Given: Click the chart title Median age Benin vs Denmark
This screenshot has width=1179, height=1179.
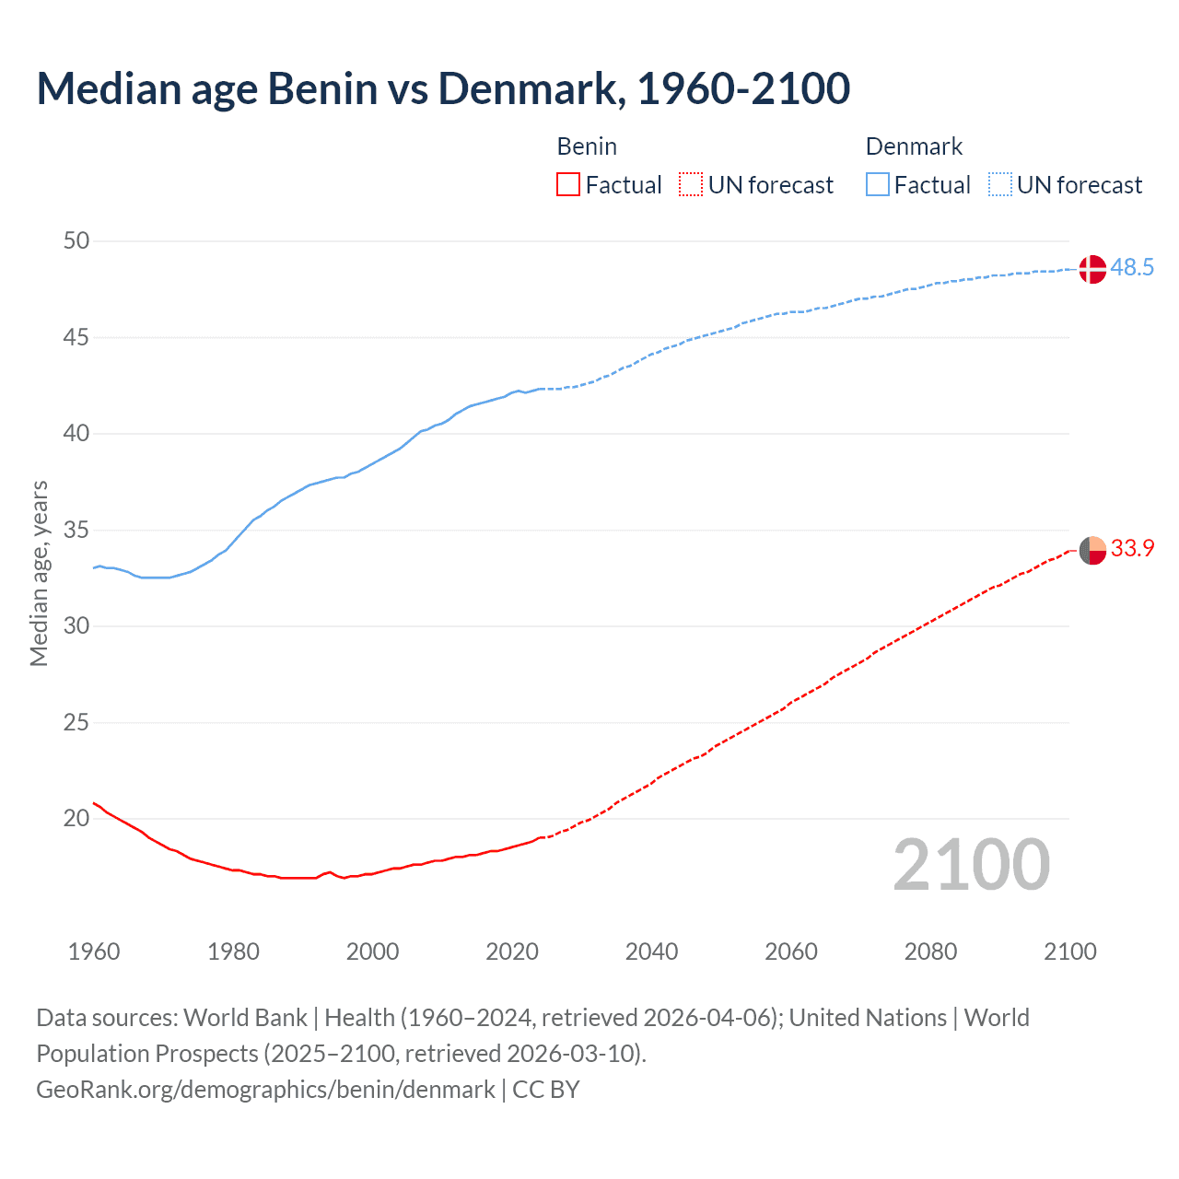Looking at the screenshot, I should coord(442,88).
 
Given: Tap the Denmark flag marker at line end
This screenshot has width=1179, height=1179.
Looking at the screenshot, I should coord(1091,269).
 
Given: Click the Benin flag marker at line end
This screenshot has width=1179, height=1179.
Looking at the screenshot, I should coord(1091,550).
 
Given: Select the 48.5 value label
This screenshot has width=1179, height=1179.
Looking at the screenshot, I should coord(1132,268).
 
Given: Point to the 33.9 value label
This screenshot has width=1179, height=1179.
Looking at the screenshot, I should coord(1132,549).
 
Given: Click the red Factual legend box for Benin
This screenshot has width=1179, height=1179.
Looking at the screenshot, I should coord(568,185).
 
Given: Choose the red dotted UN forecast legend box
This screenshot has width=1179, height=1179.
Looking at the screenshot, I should coord(691,185).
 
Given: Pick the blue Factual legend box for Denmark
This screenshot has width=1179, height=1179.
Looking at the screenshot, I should coord(877,185).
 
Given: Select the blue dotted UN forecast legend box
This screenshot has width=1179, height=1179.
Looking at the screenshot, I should coord(999,185).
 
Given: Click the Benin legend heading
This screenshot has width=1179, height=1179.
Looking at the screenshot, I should coord(587,146).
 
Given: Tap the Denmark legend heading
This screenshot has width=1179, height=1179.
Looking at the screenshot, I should coord(914,146).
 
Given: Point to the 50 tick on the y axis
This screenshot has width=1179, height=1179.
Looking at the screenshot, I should coord(76,241).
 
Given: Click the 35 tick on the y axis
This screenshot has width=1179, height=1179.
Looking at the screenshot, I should coord(76,531).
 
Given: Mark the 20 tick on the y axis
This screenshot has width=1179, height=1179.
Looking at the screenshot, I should coord(76,819).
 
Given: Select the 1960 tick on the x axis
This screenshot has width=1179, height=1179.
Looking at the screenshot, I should coord(94,951).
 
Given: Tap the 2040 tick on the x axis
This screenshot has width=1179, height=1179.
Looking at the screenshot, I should coord(651,951).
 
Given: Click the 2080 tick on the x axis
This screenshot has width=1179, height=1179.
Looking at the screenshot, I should coord(930,951).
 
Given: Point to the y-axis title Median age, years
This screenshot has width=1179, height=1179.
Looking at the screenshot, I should coord(39,573).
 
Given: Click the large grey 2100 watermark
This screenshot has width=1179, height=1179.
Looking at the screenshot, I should coord(971,865).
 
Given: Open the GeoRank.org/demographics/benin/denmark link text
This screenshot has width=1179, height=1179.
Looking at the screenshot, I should coord(265,1090).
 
